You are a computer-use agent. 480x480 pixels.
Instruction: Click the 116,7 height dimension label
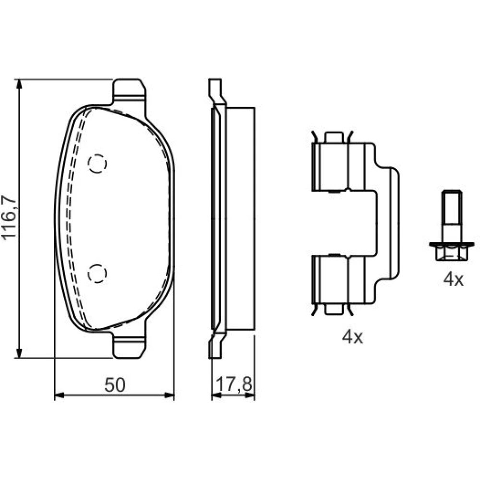pyautogui.click(x=9, y=217)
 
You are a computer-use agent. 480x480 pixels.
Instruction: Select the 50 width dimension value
pyautogui.click(x=115, y=385)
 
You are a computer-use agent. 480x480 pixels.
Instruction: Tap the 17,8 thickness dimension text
pyautogui.click(x=234, y=384)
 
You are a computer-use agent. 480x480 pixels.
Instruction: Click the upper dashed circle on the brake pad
pyautogui.click(x=97, y=164)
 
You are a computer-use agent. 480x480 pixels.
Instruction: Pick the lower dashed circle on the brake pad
pyautogui.click(x=97, y=273)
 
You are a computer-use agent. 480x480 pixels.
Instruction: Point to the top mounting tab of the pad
pyautogui.click(x=129, y=91)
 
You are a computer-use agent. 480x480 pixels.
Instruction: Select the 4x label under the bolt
pyautogui.click(x=454, y=279)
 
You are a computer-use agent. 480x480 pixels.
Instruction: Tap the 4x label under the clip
pyautogui.click(x=352, y=337)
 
